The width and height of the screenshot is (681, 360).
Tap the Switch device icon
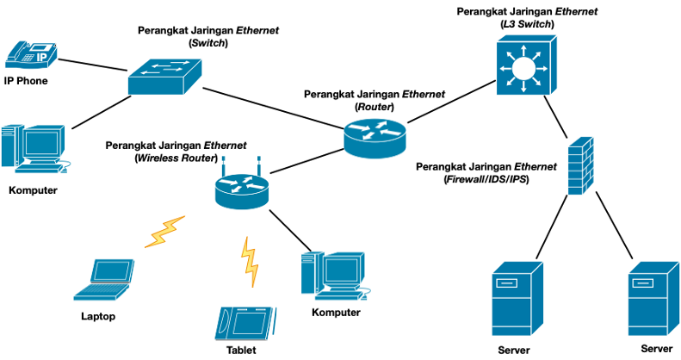pyautogui.click(x=165, y=78)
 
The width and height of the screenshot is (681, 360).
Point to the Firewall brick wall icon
pyautogui.click(x=579, y=166)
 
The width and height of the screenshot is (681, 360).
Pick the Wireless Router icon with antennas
pyautogui.click(x=242, y=187)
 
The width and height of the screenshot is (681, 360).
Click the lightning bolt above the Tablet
pyautogui.click(x=249, y=262)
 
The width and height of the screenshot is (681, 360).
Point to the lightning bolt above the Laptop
pyautogui.click(x=164, y=231)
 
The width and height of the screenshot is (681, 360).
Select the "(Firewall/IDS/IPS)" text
pyautogui.click(x=486, y=179)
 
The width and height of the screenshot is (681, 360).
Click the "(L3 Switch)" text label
pyautogui.click(x=526, y=25)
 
